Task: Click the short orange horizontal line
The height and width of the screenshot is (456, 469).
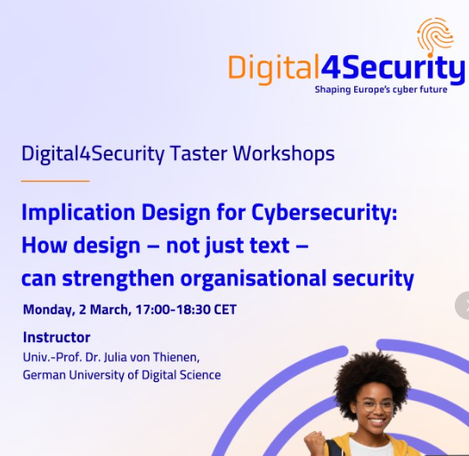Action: click(55, 181)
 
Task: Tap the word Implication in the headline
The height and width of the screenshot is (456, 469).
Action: click(77, 214)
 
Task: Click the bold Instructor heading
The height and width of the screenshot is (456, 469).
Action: click(56, 338)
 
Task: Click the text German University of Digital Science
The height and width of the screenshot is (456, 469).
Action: click(121, 375)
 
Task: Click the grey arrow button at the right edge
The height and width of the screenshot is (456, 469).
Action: click(464, 305)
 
